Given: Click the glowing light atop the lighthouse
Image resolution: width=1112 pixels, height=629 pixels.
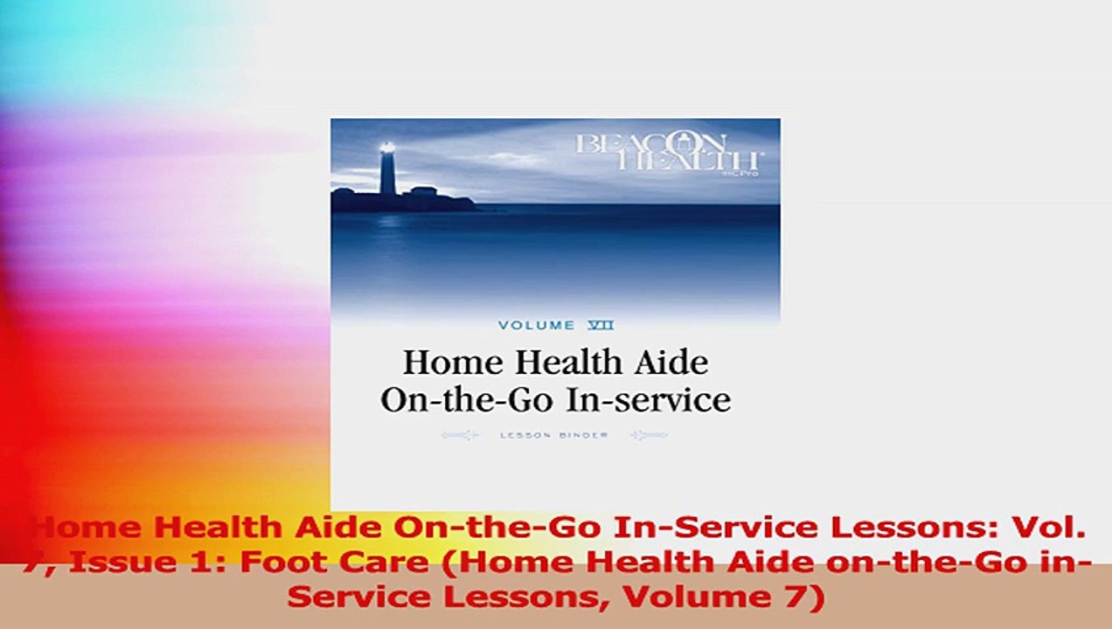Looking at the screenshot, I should point(386,149).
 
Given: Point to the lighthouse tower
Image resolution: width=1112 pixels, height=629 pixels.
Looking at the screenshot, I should point(386,175).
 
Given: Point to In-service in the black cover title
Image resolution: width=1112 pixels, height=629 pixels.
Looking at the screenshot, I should point(648,399).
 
